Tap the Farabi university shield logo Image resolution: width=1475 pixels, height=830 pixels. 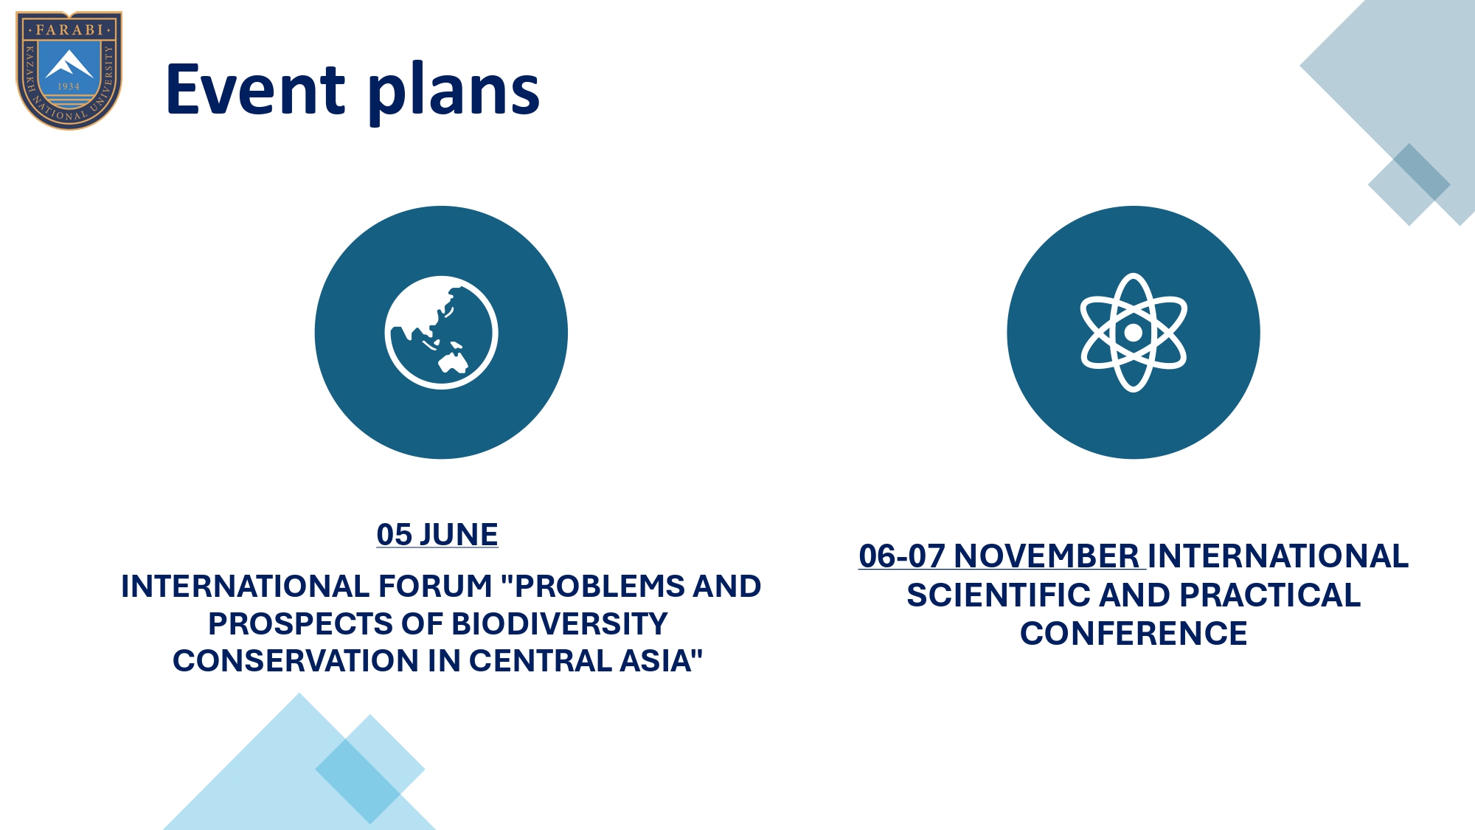tap(69, 70)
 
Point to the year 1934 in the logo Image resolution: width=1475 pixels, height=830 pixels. tap(69, 86)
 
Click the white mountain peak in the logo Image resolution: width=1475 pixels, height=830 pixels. tap(69, 64)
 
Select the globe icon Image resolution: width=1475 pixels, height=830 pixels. tap(441, 333)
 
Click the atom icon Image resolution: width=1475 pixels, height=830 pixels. tap(1134, 333)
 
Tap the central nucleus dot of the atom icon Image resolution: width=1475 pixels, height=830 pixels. tap(1134, 333)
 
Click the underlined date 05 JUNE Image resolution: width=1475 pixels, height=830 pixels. tap(437, 535)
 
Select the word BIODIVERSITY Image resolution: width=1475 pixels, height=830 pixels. tap(560, 624)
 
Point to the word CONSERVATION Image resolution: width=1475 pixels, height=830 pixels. tap(296, 661)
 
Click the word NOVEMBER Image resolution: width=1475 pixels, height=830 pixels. tap(1047, 556)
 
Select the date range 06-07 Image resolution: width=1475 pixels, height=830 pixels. tap(902, 556)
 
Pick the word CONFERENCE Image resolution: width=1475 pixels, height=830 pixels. tap(1134, 634)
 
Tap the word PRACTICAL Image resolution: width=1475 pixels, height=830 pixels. tap(1270, 595)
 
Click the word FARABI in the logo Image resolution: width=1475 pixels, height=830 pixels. tap(69, 30)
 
